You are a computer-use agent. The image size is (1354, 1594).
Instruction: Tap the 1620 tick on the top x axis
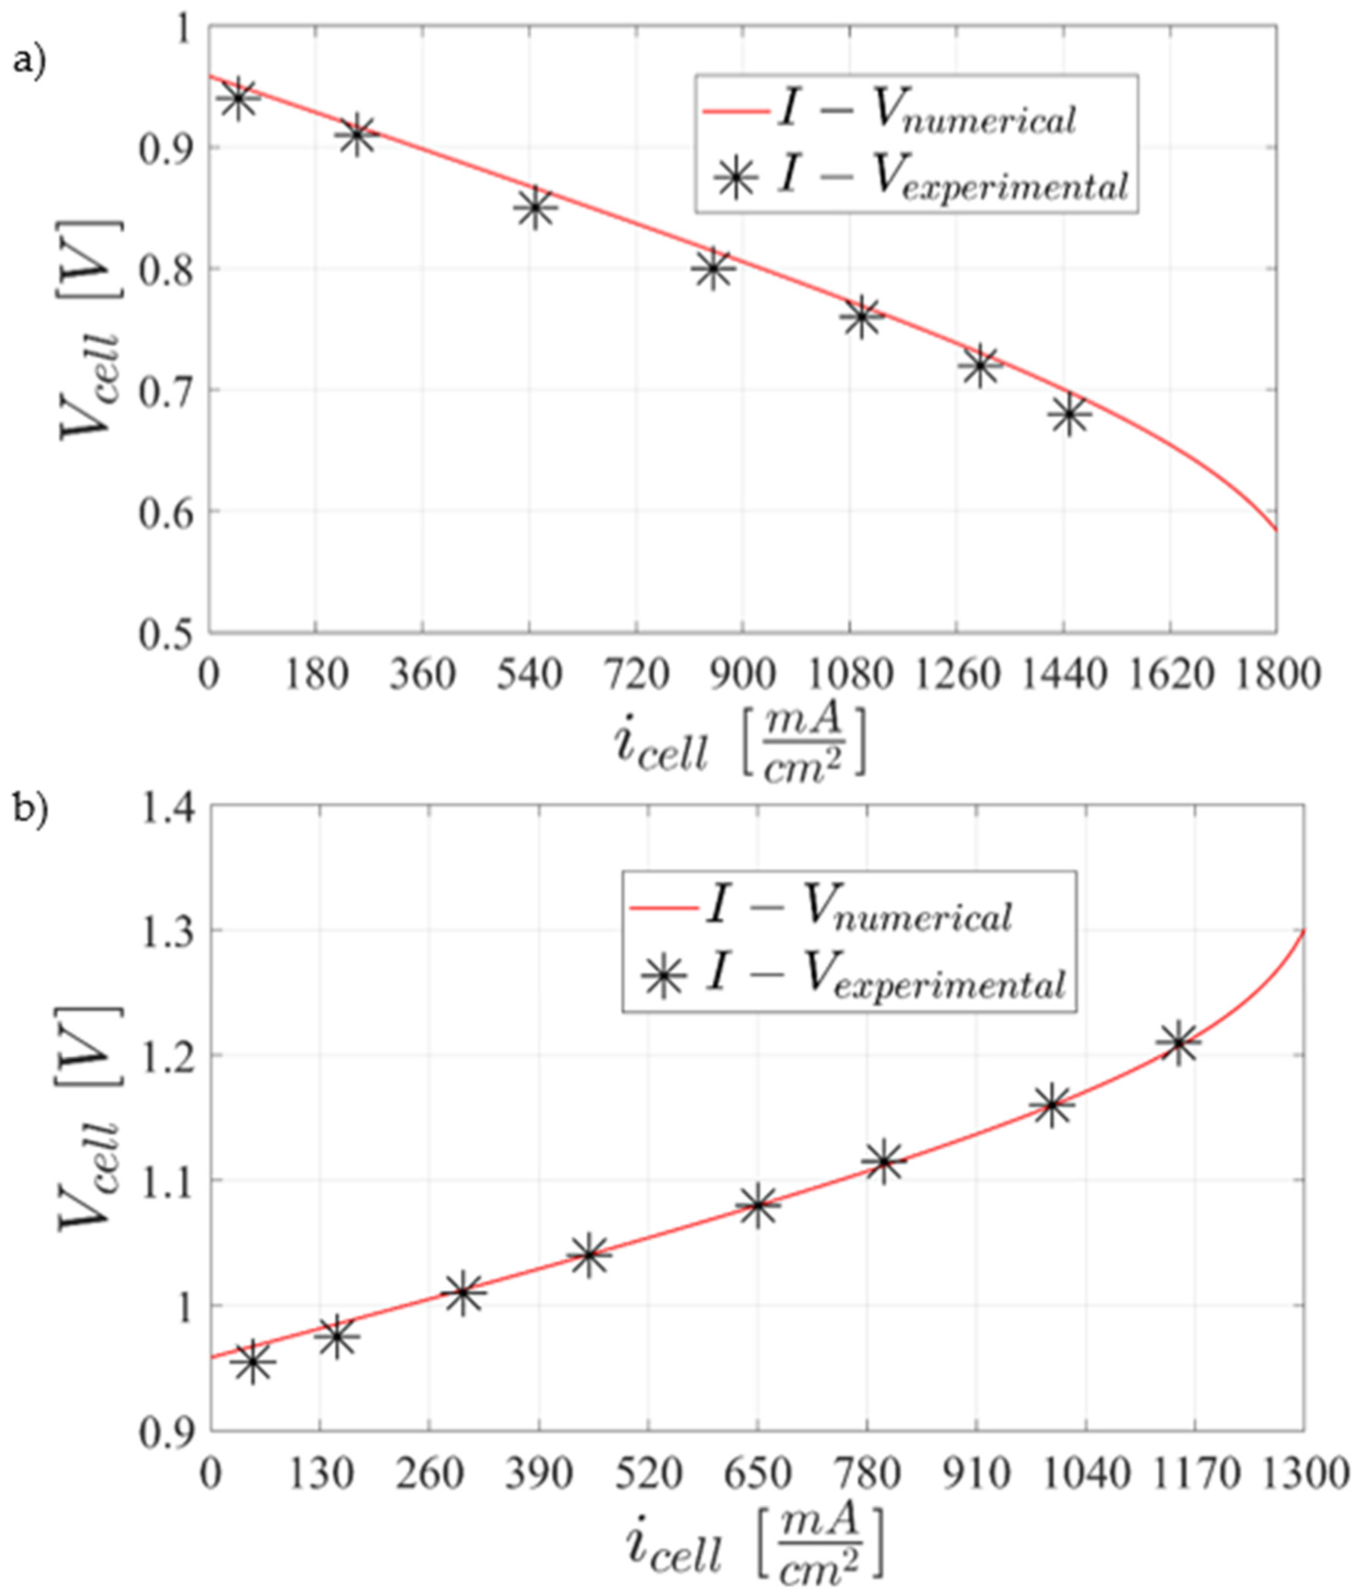pos(1170,675)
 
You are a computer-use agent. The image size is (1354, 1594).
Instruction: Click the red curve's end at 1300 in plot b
pos(1303,931)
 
